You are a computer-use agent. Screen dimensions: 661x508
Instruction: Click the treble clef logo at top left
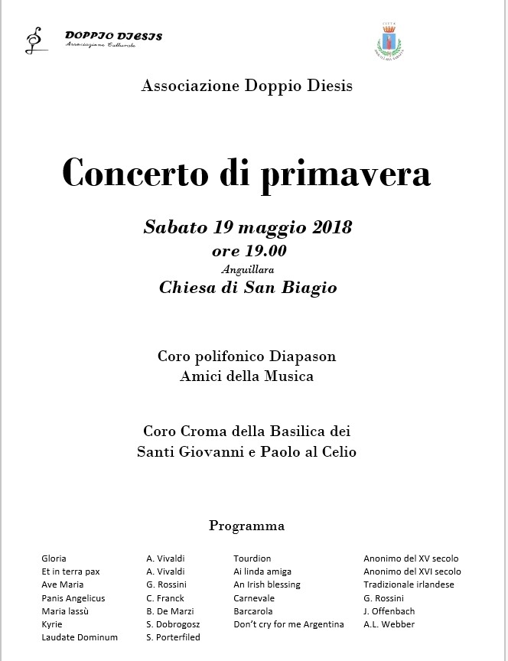(34, 40)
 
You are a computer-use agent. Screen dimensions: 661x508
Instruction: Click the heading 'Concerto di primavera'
(246, 173)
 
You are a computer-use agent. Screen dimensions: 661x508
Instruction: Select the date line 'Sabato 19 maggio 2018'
(247, 227)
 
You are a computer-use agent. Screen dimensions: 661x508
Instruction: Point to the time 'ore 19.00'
(249, 250)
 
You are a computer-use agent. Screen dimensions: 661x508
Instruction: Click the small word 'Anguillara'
(247, 269)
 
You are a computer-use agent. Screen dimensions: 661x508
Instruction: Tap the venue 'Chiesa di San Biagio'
(248, 288)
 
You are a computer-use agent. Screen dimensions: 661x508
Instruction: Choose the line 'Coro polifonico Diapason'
(246, 357)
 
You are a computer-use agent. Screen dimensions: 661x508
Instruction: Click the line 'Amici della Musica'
(246, 376)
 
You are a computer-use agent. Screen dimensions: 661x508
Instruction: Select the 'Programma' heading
(246, 526)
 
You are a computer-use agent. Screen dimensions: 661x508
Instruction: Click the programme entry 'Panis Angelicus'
(73, 598)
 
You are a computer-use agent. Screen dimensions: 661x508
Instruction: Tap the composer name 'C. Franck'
(165, 598)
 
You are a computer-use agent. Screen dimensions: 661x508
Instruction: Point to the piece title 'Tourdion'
(252, 558)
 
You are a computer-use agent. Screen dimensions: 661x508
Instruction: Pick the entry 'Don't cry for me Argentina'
(288, 624)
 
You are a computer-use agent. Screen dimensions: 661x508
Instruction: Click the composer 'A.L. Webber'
(389, 624)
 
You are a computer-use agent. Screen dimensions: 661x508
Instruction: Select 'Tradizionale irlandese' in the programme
(409, 584)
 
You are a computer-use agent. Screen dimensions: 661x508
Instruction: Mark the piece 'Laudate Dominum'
(80, 637)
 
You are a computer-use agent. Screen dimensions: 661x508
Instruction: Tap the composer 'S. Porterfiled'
(173, 637)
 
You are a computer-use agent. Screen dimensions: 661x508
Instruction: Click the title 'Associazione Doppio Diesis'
(247, 86)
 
